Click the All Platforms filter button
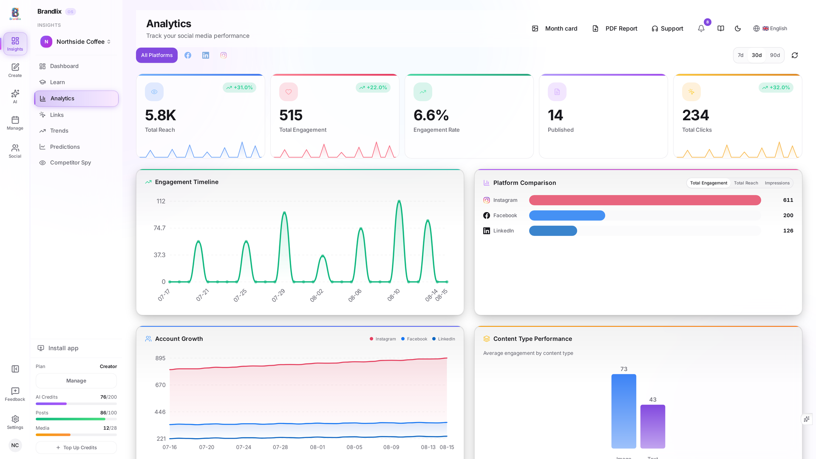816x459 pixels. coord(157,55)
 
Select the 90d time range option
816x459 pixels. coord(775,55)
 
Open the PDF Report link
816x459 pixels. coord(615,28)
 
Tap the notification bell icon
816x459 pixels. coord(701,28)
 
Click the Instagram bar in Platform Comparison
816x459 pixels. coord(645,200)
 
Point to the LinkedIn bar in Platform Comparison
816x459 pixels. coord(553,231)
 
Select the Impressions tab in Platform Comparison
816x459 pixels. coord(777,183)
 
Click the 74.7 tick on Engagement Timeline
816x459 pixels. coord(159,228)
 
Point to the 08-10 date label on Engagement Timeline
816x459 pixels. coord(394,295)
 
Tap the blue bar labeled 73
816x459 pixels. coord(623,411)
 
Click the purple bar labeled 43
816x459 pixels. coord(652,426)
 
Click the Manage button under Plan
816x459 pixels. coord(76,381)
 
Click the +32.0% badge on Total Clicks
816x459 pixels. coord(776,88)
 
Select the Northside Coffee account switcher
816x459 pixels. coord(76,42)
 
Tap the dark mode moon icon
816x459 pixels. coord(738,28)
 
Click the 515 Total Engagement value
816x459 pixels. coord(291,115)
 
